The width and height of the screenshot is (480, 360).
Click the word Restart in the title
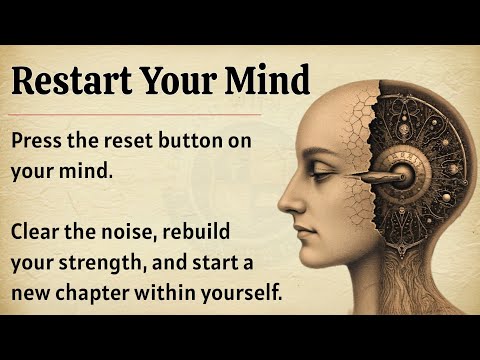click(71, 81)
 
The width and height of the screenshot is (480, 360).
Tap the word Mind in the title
click(267, 80)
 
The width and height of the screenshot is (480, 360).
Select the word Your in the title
click(177, 81)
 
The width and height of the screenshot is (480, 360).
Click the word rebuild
click(196, 231)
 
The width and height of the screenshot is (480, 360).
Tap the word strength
click(103, 263)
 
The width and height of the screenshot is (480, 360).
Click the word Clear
click(36, 231)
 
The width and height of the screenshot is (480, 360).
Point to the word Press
click(36, 140)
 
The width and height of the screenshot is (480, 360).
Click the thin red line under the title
click(135, 114)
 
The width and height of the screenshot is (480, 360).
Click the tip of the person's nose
click(281, 203)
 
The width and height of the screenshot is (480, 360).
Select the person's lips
click(301, 232)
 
